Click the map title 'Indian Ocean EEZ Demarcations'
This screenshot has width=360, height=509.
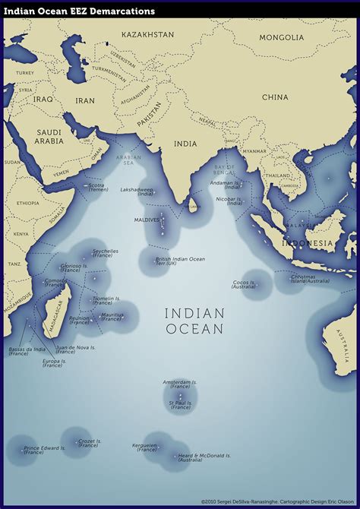[x=80, y=11]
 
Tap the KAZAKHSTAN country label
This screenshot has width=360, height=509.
[x=147, y=35]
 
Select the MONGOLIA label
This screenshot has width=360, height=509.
[x=281, y=37]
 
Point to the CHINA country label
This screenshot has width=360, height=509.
[x=275, y=97]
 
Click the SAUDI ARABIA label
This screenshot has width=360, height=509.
[x=49, y=136]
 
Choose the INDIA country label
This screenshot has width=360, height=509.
[x=185, y=144]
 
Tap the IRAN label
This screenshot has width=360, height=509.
[x=85, y=100]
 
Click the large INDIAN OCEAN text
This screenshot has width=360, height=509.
[x=194, y=321]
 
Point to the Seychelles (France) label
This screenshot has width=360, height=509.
[x=105, y=253]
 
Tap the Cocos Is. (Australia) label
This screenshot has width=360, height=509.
[x=244, y=284]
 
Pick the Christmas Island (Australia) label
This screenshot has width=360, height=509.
[x=309, y=279]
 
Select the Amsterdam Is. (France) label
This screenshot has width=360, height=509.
[x=180, y=384]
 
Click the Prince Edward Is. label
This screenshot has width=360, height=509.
[x=44, y=450]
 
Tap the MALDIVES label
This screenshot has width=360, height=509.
[x=147, y=220]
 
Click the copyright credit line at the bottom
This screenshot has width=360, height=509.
[x=278, y=501]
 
